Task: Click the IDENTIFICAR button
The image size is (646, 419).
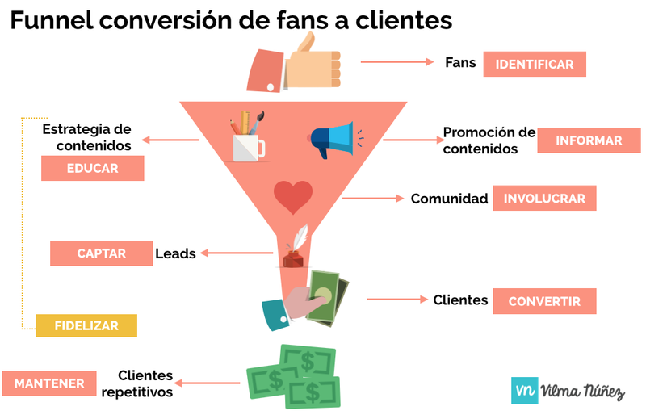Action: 534,64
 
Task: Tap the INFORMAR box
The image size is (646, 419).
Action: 589,140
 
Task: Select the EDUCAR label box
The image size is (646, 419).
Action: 93,169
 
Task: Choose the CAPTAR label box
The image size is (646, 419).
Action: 101,253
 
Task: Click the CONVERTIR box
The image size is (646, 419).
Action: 544,301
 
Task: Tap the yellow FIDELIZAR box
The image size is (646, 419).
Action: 86,325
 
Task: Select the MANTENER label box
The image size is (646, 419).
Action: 49,383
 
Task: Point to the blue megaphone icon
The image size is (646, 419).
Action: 333,140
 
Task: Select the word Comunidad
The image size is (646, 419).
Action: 449,199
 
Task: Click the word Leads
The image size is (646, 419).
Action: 175,253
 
